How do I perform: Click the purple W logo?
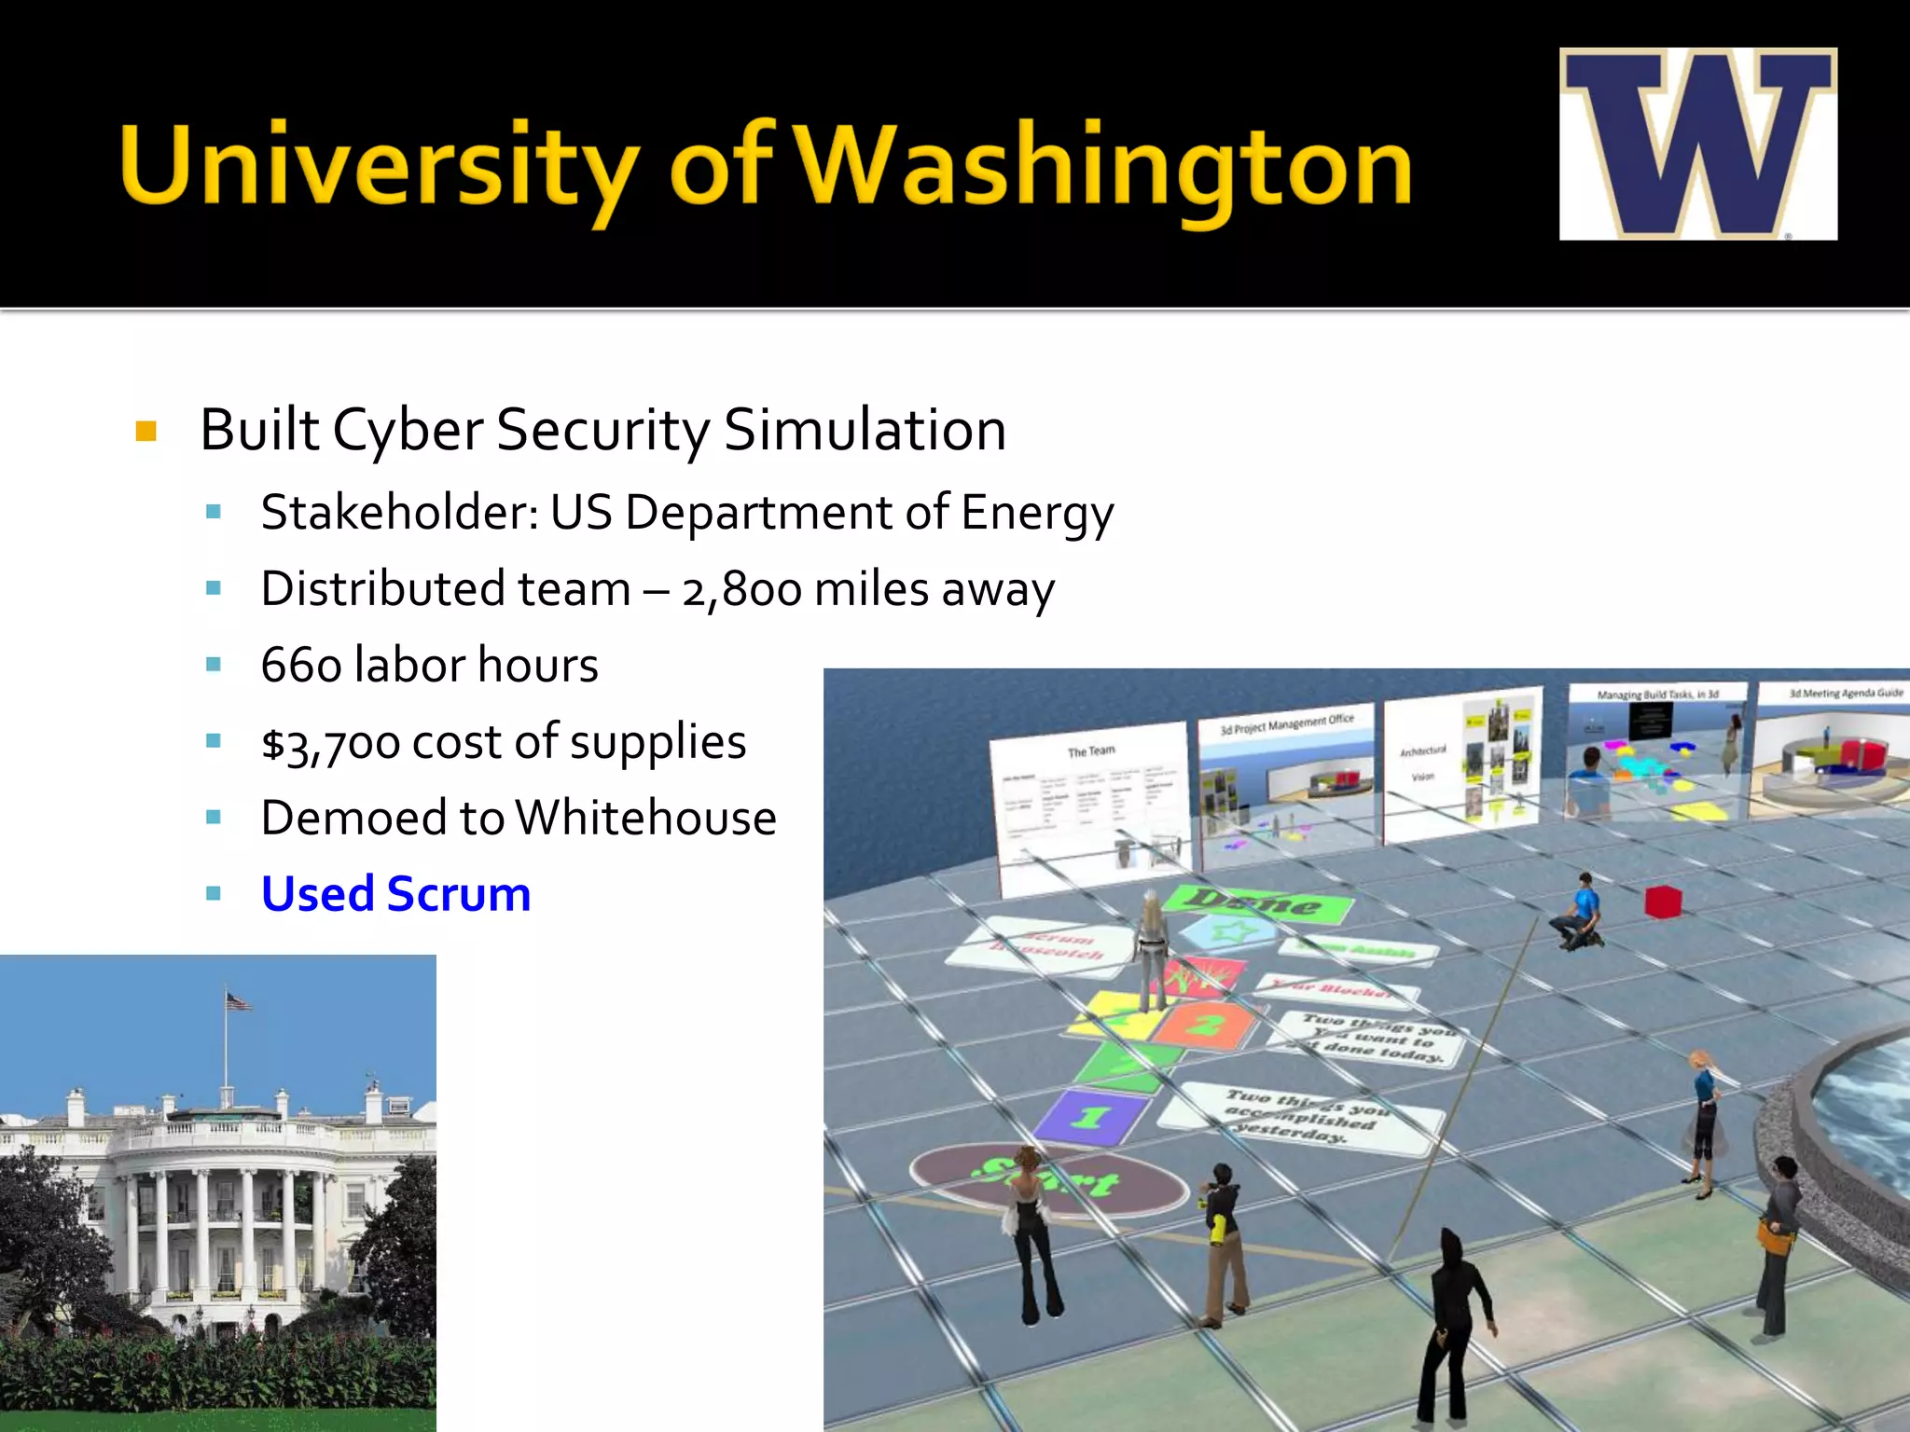coord(1697,145)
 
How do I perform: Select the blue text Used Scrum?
coord(395,894)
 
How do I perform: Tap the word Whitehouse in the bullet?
coord(645,819)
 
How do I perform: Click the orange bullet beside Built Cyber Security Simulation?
coord(145,431)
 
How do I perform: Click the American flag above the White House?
coord(239,1002)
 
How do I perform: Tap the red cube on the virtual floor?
coord(1662,902)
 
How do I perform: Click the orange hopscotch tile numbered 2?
coord(1207,1026)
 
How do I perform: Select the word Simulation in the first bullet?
coord(865,431)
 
